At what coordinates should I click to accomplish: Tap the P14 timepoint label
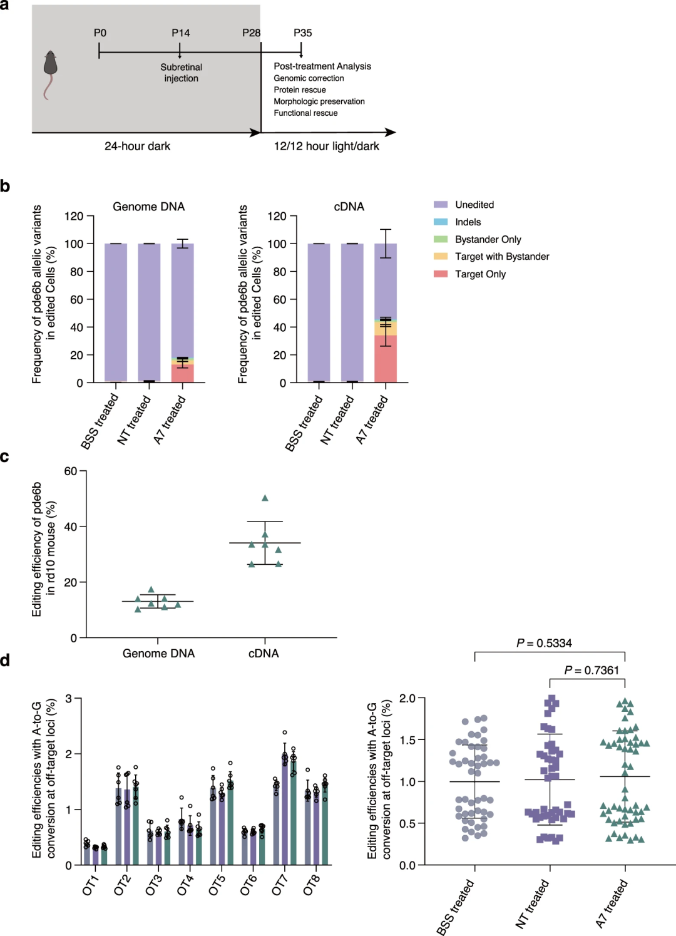[181, 33]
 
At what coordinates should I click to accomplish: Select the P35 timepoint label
[302, 33]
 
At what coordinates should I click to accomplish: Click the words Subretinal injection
[181, 73]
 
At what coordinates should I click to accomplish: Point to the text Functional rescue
[305, 113]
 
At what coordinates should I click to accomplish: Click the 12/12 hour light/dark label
[326, 146]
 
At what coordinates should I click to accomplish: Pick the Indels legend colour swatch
[441, 222]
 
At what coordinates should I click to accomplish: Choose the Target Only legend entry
[480, 274]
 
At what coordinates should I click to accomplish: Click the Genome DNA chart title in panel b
[148, 207]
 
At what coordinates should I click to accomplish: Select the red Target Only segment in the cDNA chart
[386, 360]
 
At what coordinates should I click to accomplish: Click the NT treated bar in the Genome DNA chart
[149, 313]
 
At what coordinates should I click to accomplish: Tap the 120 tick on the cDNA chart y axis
[277, 217]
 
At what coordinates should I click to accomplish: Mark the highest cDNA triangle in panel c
[265, 498]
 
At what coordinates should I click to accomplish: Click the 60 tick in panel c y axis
[71, 471]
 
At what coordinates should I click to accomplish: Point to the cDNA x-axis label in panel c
[264, 654]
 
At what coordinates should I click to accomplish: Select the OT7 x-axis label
[280, 885]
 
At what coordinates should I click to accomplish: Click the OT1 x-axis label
[91, 885]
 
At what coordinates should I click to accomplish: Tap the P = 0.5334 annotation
[544, 644]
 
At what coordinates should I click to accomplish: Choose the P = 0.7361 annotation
[591, 671]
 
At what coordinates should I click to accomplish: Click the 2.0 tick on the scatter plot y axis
[407, 699]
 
